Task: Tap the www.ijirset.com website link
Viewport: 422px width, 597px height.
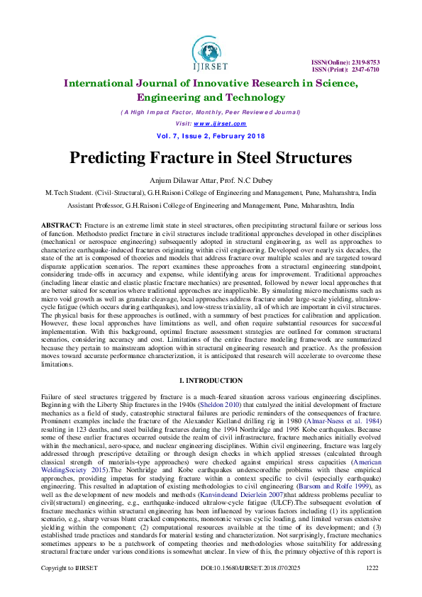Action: tap(224, 123)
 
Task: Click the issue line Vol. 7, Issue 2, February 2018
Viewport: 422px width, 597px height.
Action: tap(210, 135)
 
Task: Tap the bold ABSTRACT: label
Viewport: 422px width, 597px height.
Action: tap(62, 224)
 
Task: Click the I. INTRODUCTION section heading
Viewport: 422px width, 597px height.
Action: tap(210, 381)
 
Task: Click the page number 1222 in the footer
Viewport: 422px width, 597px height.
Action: tap(372, 587)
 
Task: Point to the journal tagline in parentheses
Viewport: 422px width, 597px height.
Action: tap(210, 113)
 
